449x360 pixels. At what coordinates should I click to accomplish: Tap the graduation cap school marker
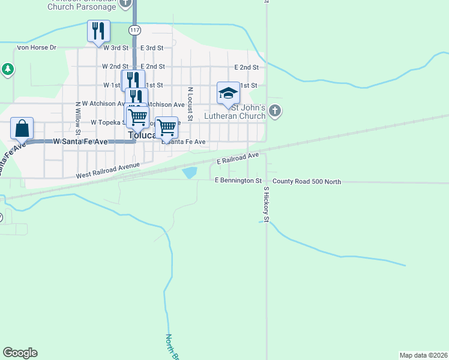click(228, 93)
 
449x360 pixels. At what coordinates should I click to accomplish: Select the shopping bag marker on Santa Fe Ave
click(22, 128)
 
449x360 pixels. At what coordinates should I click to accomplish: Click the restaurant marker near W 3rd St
click(98, 31)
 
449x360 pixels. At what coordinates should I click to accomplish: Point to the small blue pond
click(190, 173)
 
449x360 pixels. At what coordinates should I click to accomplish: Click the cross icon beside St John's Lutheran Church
click(275, 110)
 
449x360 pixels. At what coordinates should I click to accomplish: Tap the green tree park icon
click(7, 70)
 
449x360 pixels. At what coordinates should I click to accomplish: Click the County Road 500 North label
click(306, 181)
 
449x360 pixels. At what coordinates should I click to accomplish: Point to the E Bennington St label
click(238, 180)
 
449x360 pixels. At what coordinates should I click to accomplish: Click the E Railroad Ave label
click(238, 159)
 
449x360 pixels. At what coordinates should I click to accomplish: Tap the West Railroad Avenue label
click(107, 170)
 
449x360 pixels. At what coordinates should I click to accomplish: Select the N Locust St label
click(190, 104)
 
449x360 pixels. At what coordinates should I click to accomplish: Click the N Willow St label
click(78, 117)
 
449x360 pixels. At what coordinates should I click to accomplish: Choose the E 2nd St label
click(246, 67)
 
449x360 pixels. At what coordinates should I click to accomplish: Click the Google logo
click(20, 353)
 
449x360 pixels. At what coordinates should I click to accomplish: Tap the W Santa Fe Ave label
click(80, 142)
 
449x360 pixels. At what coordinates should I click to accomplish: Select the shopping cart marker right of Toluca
click(166, 127)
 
